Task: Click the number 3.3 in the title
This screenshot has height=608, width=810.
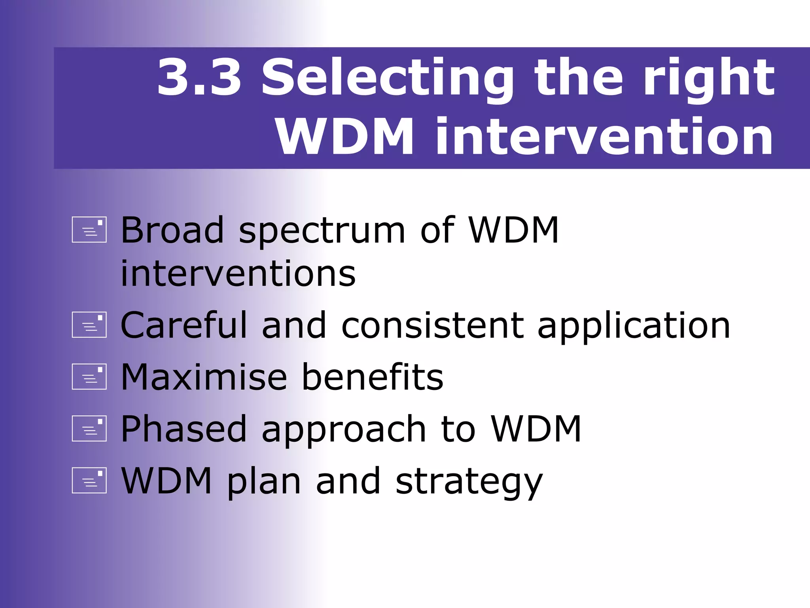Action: (x=199, y=77)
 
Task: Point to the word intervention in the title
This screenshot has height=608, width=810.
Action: (x=604, y=137)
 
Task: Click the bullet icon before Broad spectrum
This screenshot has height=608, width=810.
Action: (x=89, y=230)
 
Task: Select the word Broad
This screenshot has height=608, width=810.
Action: (x=172, y=230)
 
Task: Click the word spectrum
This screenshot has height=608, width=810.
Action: (x=322, y=232)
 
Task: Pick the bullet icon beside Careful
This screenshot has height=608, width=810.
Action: (x=89, y=325)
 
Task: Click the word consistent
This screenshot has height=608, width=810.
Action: (x=433, y=325)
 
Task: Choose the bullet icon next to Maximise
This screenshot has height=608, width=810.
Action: (x=89, y=376)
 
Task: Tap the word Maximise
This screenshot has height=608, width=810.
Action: (x=204, y=377)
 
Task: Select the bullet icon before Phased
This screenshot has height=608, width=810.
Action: (x=89, y=428)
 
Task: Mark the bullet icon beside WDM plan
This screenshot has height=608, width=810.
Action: (x=89, y=481)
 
